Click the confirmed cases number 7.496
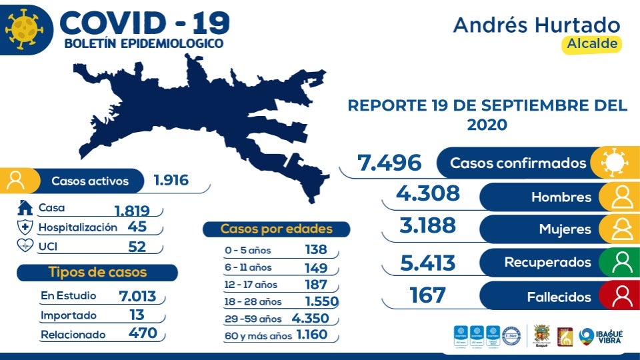[x=389, y=163]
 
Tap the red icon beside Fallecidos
[x=621, y=296]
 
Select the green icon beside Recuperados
[x=621, y=262]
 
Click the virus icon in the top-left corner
[x=23, y=29]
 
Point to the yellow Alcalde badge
[x=591, y=44]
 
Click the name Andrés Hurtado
[x=537, y=25]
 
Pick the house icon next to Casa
[x=25, y=207]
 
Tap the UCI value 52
[x=137, y=246]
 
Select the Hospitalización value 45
[x=137, y=227]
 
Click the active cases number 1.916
[x=171, y=180]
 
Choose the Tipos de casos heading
[x=97, y=272]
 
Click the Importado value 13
[x=137, y=315]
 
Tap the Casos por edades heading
[x=276, y=229]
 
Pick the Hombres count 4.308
[x=427, y=193]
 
